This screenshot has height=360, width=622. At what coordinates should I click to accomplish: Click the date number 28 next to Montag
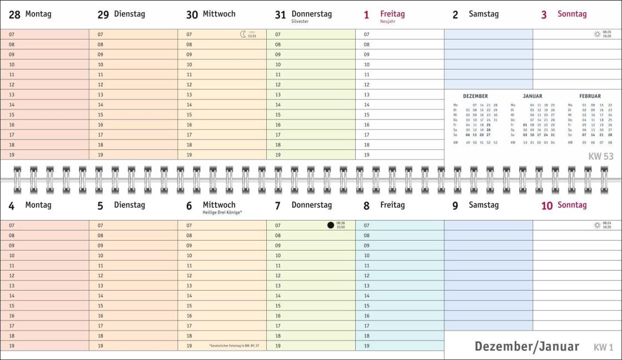click(x=14, y=15)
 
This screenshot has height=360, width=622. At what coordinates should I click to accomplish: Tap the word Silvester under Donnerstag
click(x=300, y=21)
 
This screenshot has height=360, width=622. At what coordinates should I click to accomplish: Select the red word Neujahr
click(x=388, y=21)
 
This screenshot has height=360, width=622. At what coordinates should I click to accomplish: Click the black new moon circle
click(x=331, y=225)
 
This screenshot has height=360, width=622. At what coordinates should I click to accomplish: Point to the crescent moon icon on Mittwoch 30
click(x=243, y=34)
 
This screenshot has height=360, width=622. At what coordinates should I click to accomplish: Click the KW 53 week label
click(x=600, y=156)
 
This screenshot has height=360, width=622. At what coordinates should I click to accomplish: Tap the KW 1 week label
click(x=603, y=348)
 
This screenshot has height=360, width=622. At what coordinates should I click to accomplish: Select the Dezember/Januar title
click(x=526, y=347)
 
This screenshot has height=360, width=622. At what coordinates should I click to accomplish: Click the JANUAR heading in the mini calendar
click(x=532, y=96)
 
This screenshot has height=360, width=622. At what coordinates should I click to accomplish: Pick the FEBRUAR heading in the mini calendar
click(x=590, y=96)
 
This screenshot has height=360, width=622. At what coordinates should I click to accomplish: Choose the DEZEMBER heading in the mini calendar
click(x=475, y=96)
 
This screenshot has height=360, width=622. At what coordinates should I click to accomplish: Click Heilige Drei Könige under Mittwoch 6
click(x=222, y=212)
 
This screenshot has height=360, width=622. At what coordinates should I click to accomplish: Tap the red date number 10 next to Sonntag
click(x=547, y=206)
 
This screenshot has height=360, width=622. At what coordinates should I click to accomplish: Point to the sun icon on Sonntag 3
click(x=597, y=34)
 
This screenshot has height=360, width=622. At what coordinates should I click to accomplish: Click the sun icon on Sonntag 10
click(x=597, y=225)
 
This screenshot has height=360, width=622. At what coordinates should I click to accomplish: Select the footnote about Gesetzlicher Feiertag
click(x=234, y=346)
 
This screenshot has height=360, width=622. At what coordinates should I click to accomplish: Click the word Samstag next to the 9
click(x=484, y=205)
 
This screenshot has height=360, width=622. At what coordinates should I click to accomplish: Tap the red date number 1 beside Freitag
click(x=366, y=15)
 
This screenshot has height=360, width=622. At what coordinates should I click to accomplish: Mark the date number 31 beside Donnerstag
click(x=281, y=15)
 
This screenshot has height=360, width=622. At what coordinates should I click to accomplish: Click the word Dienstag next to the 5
click(x=130, y=205)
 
